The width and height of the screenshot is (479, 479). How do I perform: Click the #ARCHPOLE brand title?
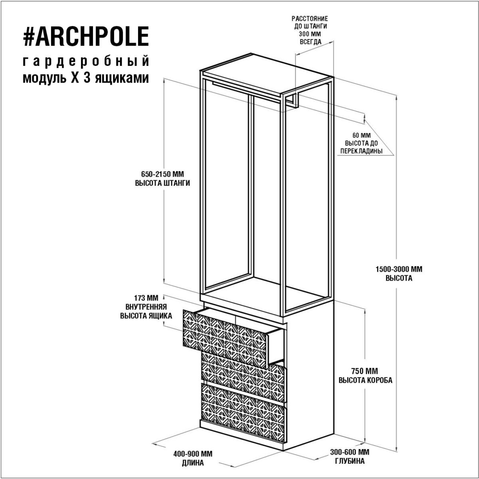(x=86, y=36)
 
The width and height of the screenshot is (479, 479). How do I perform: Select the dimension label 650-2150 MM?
(x=162, y=174)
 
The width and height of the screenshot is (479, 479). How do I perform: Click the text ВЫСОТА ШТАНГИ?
(x=162, y=183)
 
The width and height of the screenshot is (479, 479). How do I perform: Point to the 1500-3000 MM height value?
(x=399, y=269)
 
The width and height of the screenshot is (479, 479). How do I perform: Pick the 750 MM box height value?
(x=365, y=371)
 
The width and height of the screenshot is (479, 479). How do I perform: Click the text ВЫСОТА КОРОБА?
(x=365, y=380)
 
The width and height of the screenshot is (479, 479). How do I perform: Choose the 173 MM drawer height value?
(x=146, y=298)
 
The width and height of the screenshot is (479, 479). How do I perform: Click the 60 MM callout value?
(x=361, y=135)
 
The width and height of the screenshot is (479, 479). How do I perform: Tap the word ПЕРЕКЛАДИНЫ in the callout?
(x=361, y=151)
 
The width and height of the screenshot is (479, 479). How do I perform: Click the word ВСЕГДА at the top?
(x=311, y=42)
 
